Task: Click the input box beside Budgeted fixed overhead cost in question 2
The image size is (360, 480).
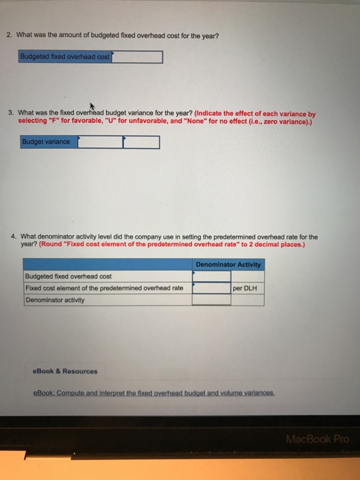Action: [x=137, y=57]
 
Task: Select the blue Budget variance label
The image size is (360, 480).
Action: [x=49, y=142]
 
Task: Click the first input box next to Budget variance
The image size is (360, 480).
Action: [x=100, y=142]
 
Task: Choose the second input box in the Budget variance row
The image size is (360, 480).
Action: [x=141, y=142]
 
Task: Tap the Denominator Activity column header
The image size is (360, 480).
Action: [x=228, y=265]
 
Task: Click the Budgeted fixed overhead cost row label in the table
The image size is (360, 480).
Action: [x=68, y=276]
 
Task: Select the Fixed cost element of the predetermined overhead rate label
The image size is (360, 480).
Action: [x=104, y=288]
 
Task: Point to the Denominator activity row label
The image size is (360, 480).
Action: [x=55, y=299]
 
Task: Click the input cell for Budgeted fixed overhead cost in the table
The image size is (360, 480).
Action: [x=211, y=276]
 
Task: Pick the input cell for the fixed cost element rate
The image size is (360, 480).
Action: [x=211, y=288]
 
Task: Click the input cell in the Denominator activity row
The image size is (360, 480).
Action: [x=211, y=299]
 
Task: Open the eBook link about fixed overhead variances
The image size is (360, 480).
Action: [x=154, y=394]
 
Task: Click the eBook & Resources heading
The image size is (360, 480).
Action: [x=65, y=371]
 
